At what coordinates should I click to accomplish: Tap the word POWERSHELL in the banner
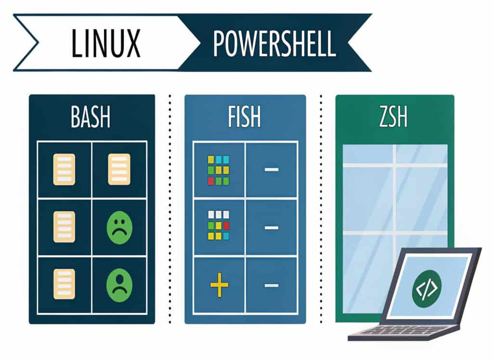(274, 44)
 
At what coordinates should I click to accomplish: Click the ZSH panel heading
(393, 117)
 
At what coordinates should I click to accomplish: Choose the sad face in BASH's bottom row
(119, 285)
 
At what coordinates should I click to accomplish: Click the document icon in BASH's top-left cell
(64, 169)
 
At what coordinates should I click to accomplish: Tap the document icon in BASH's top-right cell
(119, 169)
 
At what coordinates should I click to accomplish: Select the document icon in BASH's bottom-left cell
(64, 284)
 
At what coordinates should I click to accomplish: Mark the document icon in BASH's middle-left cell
(64, 227)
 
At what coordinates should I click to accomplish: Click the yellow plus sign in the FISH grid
(219, 285)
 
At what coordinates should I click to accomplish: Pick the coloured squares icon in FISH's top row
(218, 170)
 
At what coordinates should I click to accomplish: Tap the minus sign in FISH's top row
(271, 170)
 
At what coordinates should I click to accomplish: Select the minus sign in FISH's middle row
(271, 227)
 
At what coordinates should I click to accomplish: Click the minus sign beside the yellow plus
(271, 285)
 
